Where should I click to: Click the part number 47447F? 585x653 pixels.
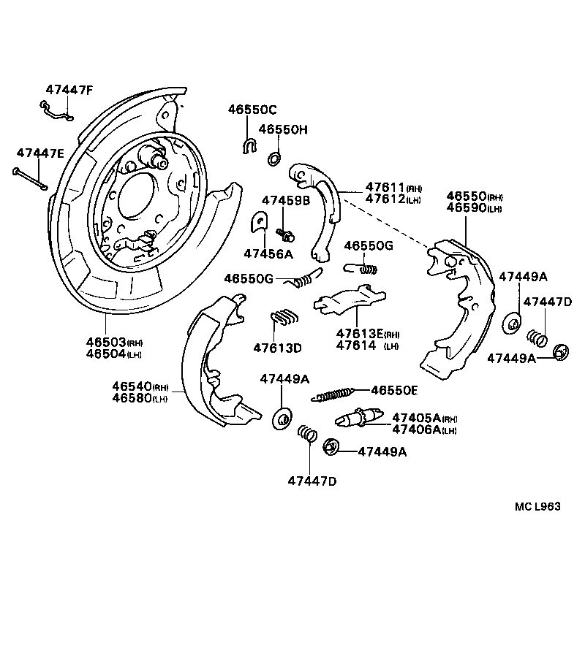[69, 90]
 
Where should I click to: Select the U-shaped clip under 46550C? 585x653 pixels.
[248, 145]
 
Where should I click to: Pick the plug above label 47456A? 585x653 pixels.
[260, 222]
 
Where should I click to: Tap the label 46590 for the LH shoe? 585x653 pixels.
[465, 208]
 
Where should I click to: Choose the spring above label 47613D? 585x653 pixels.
[284, 317]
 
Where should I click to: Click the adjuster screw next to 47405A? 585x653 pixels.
[359, 418]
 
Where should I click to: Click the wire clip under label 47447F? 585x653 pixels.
[55, 110]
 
